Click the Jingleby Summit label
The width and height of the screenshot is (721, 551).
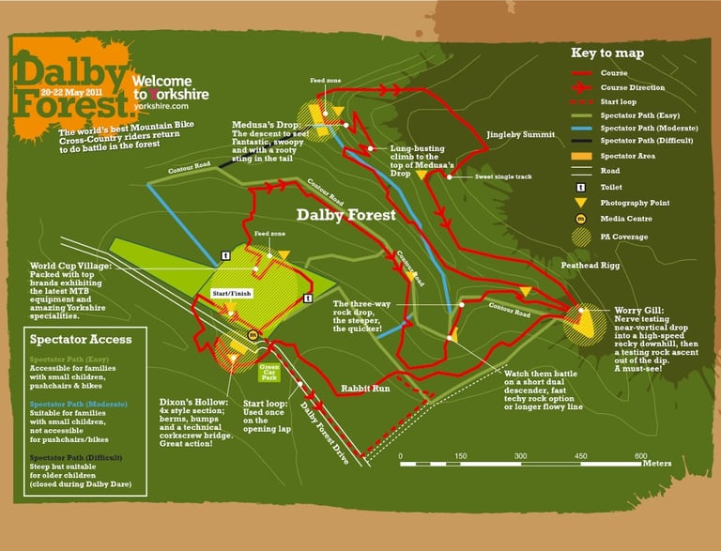point(520,135)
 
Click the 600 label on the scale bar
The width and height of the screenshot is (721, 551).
point(640,456)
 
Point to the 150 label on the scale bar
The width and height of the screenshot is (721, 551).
point(460,456)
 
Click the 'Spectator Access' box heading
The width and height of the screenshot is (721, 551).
point(81,339)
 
